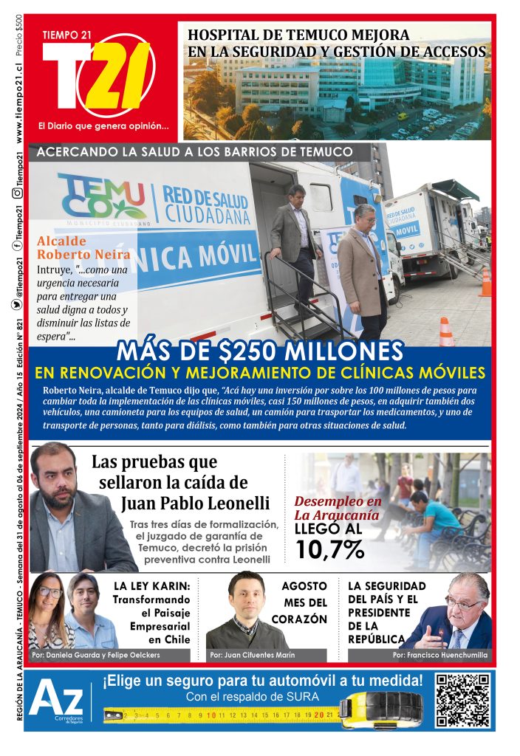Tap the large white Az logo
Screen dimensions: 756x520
[57, 699]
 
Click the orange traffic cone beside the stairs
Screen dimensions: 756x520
[446, 332]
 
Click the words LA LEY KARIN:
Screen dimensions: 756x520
[152, 585]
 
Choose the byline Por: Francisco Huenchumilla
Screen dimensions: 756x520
[439, 655]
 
